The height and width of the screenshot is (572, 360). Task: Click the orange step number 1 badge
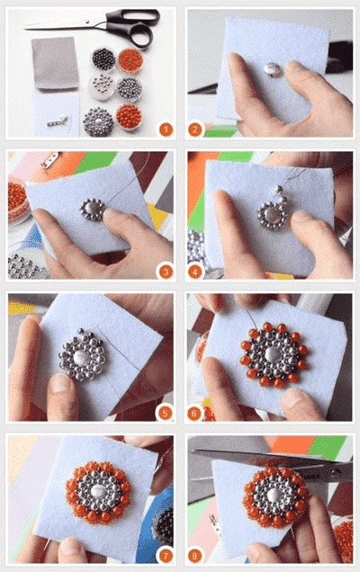click(x=166, y=130)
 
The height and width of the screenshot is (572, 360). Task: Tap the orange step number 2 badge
click(x=195, y=130)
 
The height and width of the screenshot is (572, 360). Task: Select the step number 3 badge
click(x=166, y=272)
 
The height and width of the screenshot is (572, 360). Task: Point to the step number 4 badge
click(x=195, y=272)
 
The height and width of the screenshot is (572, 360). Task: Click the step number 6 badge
click(x=194, y=414)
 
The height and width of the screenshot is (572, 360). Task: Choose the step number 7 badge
click(x=166, y=556)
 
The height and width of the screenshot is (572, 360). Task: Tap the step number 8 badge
click(x=194, y=556)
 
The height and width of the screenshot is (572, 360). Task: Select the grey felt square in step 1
click(x=55, y=63)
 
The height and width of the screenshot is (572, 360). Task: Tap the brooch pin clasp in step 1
click(x=58, y=121)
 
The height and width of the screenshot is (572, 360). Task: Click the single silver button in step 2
click(x=272, y=69)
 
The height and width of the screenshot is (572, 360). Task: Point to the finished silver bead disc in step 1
click(x=98, y=121)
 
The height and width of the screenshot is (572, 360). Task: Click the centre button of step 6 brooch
click(x=273, y=353)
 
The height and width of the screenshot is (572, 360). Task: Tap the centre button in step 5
click(x=80, y=359)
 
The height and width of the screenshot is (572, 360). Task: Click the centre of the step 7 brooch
click(x=99, y=491)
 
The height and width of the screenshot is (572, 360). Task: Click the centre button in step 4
click(x=272, y=214)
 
